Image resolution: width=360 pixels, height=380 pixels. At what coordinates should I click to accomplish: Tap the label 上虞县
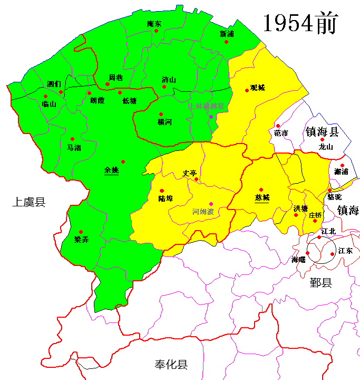tap(29, 202)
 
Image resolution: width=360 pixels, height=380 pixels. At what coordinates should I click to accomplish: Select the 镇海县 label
tap(322, 132)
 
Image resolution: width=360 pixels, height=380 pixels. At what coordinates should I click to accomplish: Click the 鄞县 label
tap(320, 283)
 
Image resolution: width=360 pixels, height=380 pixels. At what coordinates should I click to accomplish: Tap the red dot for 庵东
tap(156, 31)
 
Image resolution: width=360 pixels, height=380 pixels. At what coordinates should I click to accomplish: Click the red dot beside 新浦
tap(227, 42)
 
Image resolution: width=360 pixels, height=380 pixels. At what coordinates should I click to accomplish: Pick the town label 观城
tap(258, 88)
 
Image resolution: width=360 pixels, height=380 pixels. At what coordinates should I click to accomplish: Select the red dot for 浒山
tap(164, 87)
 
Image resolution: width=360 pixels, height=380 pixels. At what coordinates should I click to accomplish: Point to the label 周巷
tap(115, 78)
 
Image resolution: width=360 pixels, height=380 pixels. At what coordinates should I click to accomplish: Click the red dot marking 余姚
tap(123, 161)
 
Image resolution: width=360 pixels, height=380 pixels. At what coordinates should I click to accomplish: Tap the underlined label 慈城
tap(262, 198)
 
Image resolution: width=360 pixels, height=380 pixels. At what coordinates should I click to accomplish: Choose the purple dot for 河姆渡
tap(211, 204)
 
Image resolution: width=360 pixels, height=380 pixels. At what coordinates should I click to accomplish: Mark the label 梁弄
tap(81, 240)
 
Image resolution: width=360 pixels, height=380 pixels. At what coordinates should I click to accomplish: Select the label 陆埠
tap(166, 198)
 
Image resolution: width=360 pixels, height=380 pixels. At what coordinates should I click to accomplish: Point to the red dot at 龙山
tap(322, 140)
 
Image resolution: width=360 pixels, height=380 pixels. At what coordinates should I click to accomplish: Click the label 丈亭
tap(189, 173)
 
